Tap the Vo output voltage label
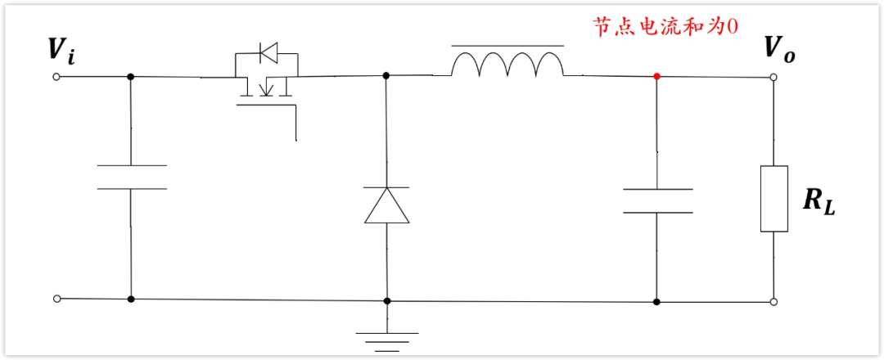point(778,48)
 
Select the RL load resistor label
point(818,201)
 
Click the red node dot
point(656,76)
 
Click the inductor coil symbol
point(507,65)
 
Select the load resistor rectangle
point(773,198)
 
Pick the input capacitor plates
point(131,177)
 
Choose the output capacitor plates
point(656,200)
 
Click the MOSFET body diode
point(267,55)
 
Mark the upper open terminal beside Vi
point(56,77)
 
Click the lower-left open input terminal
point(56,299)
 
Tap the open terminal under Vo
point(773,78)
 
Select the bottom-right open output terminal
point(773,302)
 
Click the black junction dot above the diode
point(386,75)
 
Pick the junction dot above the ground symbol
point(387,300)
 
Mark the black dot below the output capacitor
point(656,301)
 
